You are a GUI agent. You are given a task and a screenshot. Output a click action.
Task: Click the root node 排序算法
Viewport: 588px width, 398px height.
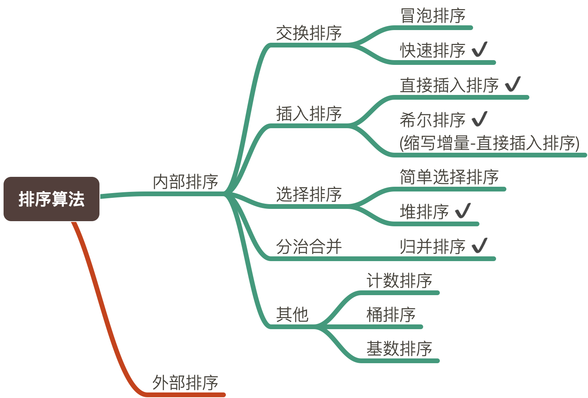pyautogui.click(x=52, y=199)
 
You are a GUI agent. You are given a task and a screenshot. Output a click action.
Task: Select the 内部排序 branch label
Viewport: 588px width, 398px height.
pyautogui.click(x=185, y=182)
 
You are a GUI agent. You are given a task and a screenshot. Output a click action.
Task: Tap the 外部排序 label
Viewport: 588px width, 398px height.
pyautogui.click(x=185, y=383)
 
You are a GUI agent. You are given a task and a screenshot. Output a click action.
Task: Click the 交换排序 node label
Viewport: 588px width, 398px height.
pyautogui.click(x=309, y=33)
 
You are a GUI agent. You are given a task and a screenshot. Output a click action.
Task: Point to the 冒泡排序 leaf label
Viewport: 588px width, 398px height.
pyautogui.click(x=433, y=16)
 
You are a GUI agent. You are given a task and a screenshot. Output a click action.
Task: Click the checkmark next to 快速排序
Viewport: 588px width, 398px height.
pyautogui.click(x=479, y=49)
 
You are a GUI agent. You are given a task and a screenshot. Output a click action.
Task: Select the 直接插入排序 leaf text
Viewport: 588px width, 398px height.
pyautogui.click(x=449, y=85)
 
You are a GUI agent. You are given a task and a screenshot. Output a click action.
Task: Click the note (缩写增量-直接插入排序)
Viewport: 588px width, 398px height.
pyautogui.click(x=489, y=143)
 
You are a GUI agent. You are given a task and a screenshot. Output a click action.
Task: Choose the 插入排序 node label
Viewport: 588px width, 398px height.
pyautogui.click(x=309, y=114)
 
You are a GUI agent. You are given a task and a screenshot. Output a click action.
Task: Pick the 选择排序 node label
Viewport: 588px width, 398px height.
pyautogui.click(x=309, y=194)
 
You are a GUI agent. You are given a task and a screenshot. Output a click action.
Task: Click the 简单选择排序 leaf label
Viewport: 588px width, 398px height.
pyautogui.click(x=449, y=177)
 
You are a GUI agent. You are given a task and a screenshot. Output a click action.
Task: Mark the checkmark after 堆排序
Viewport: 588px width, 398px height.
pyautogui.click(x=463, y=210)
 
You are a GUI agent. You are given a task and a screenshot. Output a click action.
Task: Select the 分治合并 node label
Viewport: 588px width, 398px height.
pyautogui.click(x=309, y=246)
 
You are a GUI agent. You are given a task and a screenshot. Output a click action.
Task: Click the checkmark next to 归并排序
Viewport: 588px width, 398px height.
pyautogui.click(x=479, y=245)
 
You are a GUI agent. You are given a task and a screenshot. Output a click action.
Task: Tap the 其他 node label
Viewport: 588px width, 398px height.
pyautogui.click(x=292, y=315)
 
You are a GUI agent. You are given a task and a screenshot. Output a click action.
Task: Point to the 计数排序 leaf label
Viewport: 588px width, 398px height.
pyautogui.click(x=399, y=280)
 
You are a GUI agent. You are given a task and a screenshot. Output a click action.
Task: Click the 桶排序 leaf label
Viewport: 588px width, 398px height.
pyautogui.click(x=391, y=315)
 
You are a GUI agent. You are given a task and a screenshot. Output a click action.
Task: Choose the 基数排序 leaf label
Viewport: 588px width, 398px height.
pyautogui.click(x=399, y=349)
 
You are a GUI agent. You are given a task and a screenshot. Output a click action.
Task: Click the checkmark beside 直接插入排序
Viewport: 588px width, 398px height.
pyautogui.click(x=513, y=84)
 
